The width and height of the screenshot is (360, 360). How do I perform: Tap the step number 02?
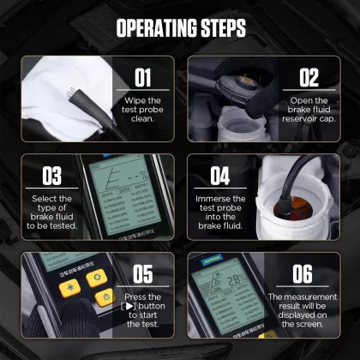[309, 79]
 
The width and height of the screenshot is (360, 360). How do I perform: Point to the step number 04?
[220, 176]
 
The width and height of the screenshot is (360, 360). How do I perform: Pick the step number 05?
[143, 274]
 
